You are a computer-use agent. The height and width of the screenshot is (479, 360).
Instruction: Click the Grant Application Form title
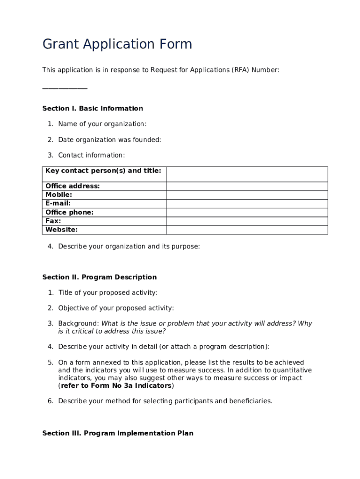117,44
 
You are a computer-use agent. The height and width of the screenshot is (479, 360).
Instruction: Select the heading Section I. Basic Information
93,109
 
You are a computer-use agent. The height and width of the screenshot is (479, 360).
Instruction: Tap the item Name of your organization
102,124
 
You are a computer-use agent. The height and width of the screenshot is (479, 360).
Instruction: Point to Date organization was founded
109,140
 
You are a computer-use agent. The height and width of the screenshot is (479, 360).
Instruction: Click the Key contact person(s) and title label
103,171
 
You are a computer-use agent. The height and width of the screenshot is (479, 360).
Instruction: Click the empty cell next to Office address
247,186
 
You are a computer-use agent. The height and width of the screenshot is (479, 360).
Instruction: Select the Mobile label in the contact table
59,195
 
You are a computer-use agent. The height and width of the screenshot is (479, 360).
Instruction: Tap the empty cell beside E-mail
247,203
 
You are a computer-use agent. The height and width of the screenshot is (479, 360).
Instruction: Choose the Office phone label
70,212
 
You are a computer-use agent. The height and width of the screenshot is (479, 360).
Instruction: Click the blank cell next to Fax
247,221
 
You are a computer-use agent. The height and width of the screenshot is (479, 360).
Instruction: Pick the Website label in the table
62,230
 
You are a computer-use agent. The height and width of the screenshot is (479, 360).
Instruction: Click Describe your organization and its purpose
129,247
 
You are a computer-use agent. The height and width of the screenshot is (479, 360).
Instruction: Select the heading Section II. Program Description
100,277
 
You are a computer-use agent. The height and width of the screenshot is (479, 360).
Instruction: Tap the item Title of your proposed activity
108,293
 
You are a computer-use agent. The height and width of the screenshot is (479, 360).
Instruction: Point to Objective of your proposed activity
116,308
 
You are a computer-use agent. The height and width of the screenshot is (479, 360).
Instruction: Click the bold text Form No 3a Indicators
116,386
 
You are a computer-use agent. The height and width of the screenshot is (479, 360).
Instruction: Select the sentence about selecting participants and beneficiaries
165,401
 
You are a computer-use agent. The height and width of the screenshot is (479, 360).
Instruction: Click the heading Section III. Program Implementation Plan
118,433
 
